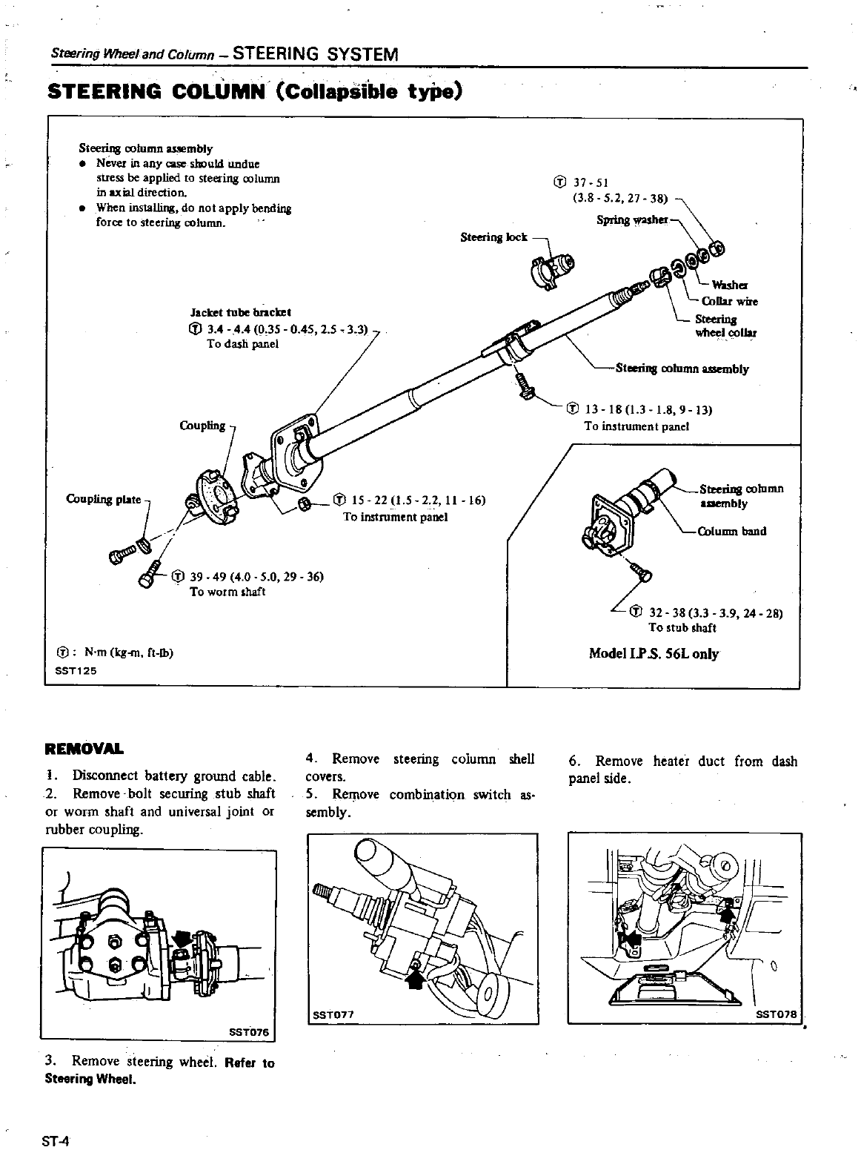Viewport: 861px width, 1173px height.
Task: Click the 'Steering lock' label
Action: [x=493, y=237]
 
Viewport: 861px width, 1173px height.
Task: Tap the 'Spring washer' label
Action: [x=632, y=220]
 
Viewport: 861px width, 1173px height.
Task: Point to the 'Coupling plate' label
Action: [x=104, y=499]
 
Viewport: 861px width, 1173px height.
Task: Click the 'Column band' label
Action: [x=732, y=531]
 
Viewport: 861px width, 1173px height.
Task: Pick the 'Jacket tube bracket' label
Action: [x=240, y=312]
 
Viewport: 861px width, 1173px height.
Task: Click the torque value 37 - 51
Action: [x=591, y=183]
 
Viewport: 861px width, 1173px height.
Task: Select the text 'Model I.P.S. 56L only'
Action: [x=653, y=654]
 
